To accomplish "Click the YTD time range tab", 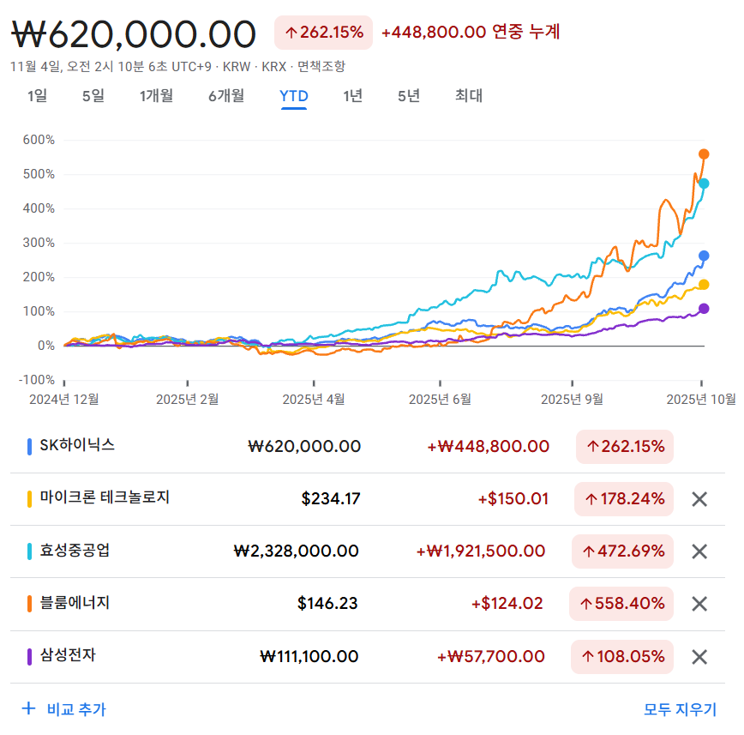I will coord(294,96).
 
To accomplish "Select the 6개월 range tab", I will coord(226,96).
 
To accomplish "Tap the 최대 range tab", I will coord(469,96).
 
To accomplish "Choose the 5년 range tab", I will coord(409,96).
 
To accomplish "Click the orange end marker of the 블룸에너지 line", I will coord(705,154).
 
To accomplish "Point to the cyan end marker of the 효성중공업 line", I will coord(704,184).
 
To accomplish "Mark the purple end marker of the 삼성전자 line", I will coord(704,309).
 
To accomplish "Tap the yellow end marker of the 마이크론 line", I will coord(704,285).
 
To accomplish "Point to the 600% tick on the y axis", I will coord(39,140).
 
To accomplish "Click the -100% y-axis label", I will coord(37,380).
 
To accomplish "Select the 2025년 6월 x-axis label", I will coord(440,399).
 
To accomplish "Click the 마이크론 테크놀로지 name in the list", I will coord(105,497).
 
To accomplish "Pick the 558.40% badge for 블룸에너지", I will coord(621,604).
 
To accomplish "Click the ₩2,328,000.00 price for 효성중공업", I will coord(296,551).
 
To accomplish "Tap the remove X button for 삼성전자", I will coord(699,657).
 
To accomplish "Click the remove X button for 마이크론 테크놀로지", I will coord(699,499).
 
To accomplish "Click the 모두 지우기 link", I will coord(680,709).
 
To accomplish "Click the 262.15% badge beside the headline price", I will coord(323,33).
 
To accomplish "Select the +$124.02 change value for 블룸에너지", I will coord(507,604).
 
